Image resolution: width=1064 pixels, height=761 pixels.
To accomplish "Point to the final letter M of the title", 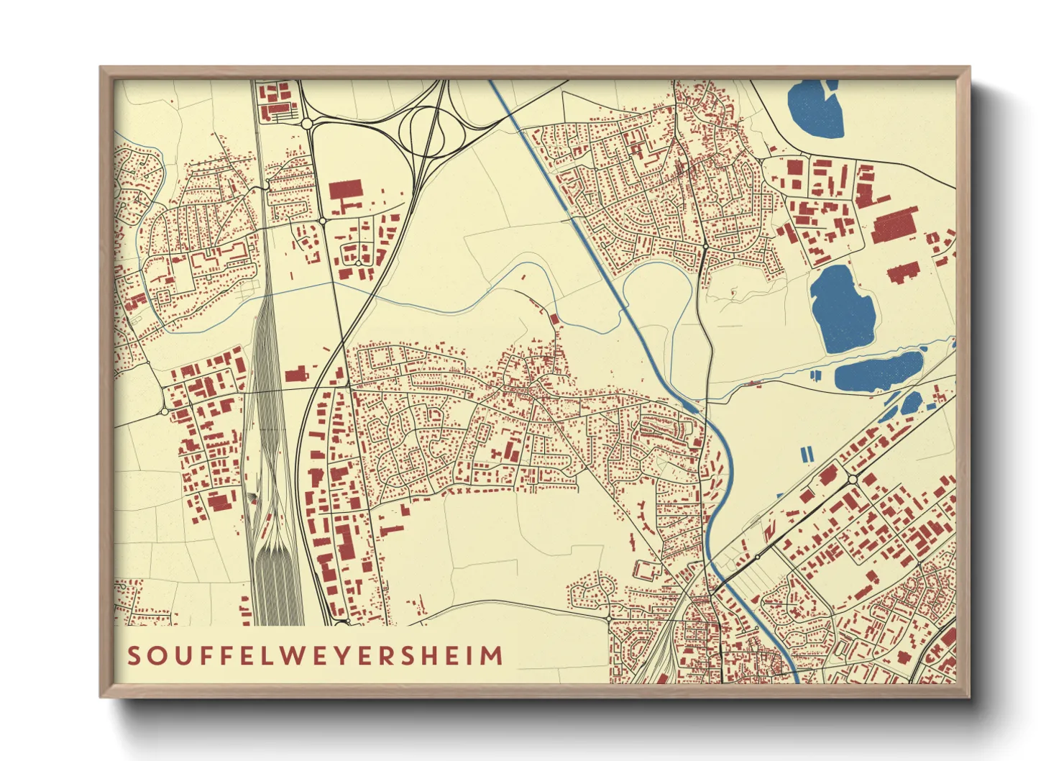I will click(x=492, y=656).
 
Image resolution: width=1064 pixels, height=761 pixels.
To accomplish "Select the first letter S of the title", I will click(x=134, y=656).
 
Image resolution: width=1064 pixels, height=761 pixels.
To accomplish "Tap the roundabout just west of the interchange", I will click(x=307, y=124).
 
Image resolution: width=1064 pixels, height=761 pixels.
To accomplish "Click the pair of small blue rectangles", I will click(x=807, y=454).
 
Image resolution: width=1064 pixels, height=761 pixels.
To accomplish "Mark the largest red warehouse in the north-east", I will click(x=894, y=225).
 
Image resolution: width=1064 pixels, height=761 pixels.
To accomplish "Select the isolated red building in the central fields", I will click(x=554, y=319).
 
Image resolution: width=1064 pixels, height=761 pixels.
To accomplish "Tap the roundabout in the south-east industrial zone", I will click(x=853, y=479).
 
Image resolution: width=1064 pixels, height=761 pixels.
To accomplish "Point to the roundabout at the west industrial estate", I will click(x=165, y=411).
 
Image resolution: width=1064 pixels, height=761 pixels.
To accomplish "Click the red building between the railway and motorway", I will click(x=295, y=375).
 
